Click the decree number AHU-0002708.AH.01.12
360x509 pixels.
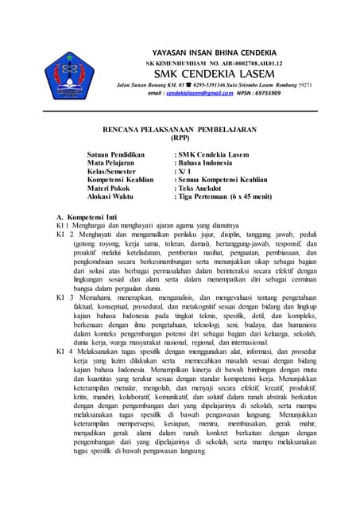(246, 61)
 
